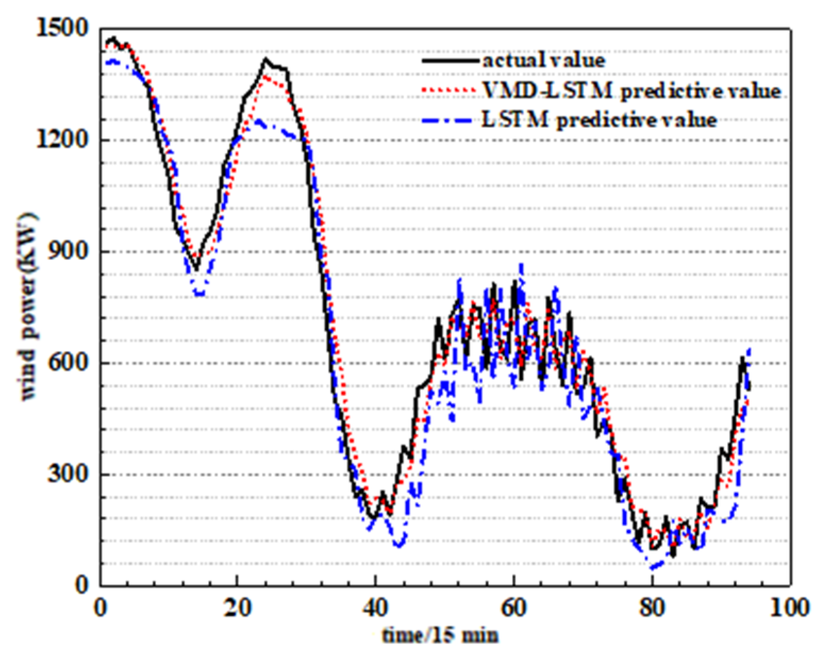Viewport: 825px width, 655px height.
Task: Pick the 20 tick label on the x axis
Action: click(236, 608)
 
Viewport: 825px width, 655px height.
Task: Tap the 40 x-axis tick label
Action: click(375, 608)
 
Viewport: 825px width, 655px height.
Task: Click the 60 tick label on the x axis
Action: click(514, 608)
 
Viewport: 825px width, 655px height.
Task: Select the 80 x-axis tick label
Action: click(652, 608)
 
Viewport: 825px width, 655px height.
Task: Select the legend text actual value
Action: click(544, 61)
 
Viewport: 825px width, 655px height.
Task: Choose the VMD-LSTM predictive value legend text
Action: click(631, 90)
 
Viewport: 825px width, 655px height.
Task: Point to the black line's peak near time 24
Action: click(265, 59)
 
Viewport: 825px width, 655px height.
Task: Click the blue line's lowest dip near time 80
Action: click(653, 567)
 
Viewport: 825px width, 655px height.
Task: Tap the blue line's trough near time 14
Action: click(199, 294)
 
